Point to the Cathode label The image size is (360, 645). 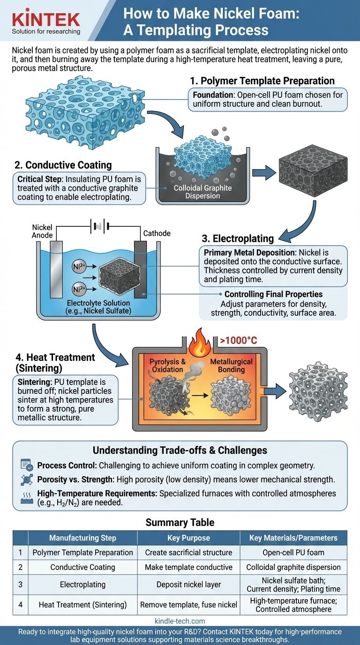click(157, 233)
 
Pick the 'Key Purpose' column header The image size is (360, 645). click(188, 538)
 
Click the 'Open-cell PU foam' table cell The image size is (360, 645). click(293, 552)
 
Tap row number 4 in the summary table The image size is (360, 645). click(21, 605)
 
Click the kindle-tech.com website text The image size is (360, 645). click(180, 621)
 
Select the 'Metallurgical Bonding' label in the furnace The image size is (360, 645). click(231, 366)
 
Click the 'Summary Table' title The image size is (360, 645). click(180, 522)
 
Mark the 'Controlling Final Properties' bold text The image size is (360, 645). click(273, 294)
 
